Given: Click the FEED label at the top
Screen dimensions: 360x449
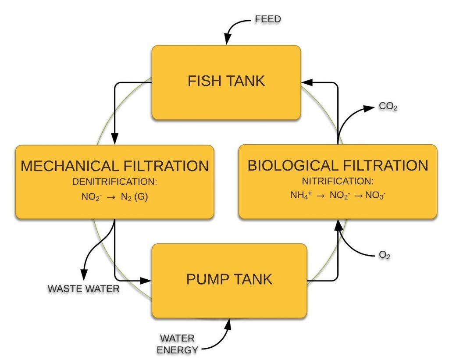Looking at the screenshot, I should click(267, 19).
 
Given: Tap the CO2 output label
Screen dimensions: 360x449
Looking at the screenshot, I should click(388, 107).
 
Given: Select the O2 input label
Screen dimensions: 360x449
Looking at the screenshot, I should click(385, 255).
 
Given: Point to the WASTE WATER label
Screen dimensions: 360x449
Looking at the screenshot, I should click(83, 289).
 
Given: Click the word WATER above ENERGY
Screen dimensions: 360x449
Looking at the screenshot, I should click(177, 339).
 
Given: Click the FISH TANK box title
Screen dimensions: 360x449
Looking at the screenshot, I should click(226, 81).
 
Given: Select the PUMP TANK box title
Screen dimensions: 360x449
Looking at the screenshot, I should click(229, 279).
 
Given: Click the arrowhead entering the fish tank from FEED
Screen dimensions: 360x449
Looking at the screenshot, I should click(227, 41).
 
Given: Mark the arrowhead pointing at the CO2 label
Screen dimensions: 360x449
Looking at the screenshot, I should click(371, 107).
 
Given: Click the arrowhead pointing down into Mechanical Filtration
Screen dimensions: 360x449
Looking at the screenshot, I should click(115, 140).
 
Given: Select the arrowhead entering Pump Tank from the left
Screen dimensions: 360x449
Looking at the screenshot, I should click(147, 280).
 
